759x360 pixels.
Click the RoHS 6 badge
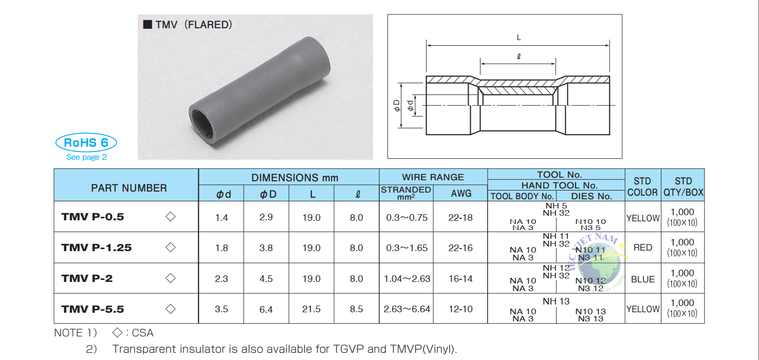click(x=86, y=142)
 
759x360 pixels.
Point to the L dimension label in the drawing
click(x=519, y=37)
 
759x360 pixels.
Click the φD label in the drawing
click(x=396, y=106)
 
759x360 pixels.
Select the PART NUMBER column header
click(x=128, y=188)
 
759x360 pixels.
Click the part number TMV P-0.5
click(x=92, y=217)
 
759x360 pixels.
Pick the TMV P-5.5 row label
click(x=92, y=309)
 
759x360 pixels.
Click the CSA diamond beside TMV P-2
click(x=171, y=278)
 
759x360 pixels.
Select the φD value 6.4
click(x=266, y=309)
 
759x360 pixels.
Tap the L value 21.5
click(x=311, y=309)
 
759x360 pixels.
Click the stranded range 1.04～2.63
click(x=407, y=279)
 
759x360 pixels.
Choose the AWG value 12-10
click(x=460, y=309)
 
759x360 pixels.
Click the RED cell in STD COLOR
click(x=642, y=248)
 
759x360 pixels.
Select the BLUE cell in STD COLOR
click(x=642, y=279)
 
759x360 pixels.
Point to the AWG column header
click(x=460, y=193)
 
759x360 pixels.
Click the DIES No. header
click(x=591, y=196)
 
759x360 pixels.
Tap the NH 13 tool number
click(x=556, y=301)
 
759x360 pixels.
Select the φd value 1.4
click(x=221, y=218)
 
